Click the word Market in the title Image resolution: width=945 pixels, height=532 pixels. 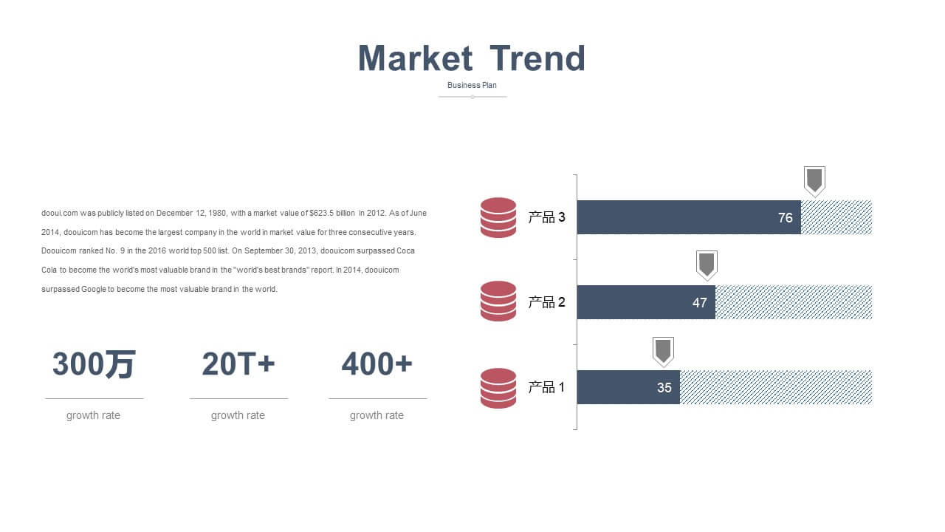416,58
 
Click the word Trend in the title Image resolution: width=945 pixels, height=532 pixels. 537,58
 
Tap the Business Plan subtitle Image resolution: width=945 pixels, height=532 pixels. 472,85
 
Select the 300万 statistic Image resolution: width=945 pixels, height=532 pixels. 94,364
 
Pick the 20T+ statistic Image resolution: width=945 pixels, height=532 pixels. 238,364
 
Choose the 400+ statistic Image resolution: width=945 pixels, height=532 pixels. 377,364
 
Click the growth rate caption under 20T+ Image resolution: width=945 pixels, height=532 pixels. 238,415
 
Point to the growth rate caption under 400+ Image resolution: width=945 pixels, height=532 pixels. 377,415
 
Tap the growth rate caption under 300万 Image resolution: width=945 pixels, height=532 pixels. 93,415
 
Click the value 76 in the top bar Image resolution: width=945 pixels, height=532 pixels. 785,218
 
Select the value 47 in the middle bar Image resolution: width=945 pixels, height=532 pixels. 699,303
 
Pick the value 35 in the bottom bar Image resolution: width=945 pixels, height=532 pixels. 664,388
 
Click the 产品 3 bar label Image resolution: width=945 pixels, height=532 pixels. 547,217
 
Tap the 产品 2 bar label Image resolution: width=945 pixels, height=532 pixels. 547,302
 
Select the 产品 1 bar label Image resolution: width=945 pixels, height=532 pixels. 547,387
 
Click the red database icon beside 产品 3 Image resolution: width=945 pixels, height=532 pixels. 498,217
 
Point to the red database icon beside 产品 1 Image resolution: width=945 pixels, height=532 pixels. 498,388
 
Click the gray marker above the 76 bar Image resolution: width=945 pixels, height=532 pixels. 814,181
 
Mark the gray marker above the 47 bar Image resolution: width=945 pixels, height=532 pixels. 707,265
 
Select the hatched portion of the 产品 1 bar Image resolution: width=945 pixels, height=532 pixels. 776,387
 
